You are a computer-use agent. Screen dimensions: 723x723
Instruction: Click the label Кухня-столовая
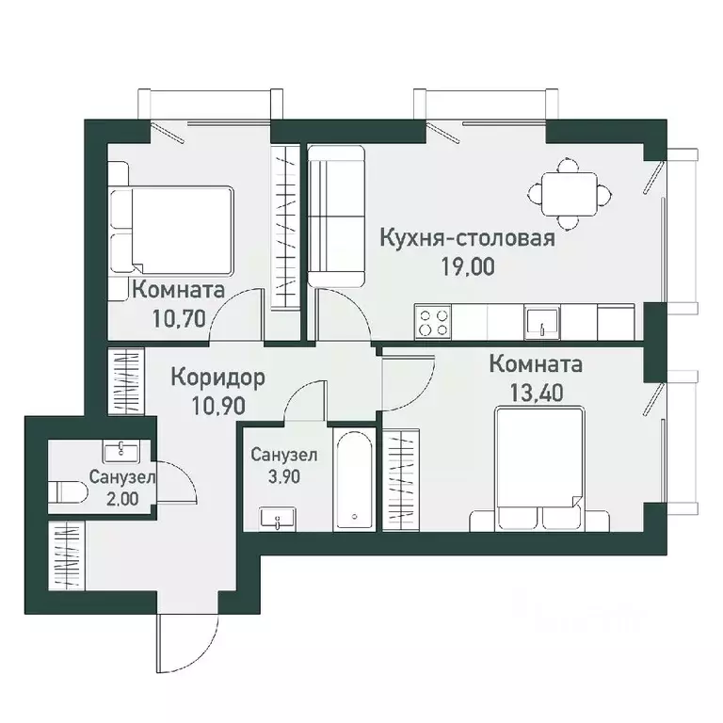click(467, 238)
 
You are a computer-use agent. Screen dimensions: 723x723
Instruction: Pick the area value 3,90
click(284, 477)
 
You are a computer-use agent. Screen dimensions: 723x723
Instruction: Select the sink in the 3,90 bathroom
click(279, 517)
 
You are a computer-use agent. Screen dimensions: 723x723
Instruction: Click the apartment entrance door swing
click(180, 644)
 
